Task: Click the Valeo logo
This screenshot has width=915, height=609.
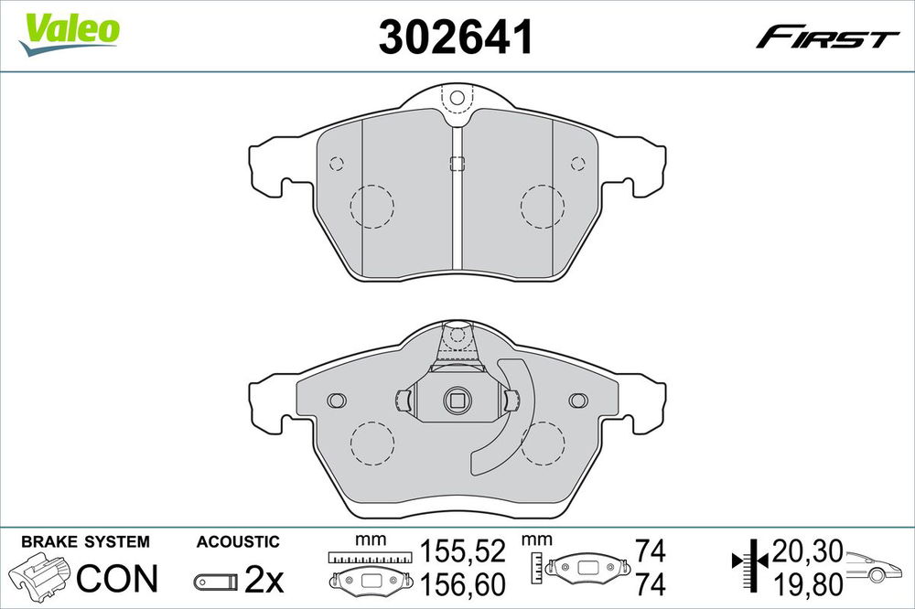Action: pyautogui.click(x=70, y=34)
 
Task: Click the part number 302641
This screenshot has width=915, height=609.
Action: pyautogui.click(x=456, y=37)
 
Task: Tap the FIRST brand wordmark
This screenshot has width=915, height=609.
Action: pyautogui.click(x=827, y=37)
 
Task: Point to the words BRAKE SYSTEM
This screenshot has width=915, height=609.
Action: pyautogui.click(x=85, y=542)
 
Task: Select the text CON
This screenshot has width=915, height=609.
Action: pyautogui.click(x=117, y=578)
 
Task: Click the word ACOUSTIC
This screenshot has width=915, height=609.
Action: pyautogui.click(x=238, y=542)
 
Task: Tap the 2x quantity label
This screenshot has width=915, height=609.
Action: pyautogui.click(x=264, y=579)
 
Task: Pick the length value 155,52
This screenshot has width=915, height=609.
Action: pyautogui.click(x=463, y=551)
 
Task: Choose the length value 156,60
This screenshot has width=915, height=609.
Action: pyautogui.click(x=463, y=584)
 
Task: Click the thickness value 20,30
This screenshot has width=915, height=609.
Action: pyautogui.click(x=808, y=550)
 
